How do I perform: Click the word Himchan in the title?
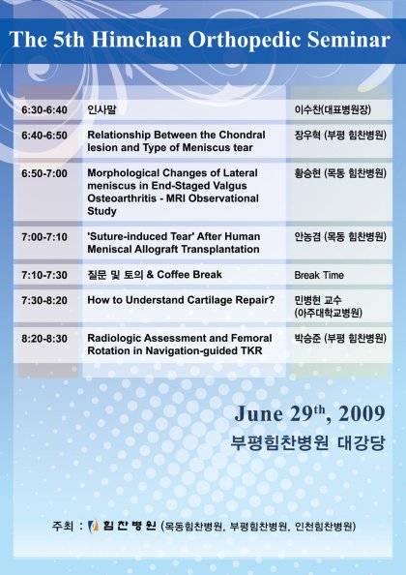point(136,40)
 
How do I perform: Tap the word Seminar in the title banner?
point(349,40)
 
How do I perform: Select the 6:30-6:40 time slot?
point(44,110)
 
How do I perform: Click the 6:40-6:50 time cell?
point(44,136)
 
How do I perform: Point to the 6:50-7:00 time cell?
point(44,173)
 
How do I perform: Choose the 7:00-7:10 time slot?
point(44,237)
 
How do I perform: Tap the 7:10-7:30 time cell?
point(44,275)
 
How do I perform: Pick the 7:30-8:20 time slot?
point(44,300)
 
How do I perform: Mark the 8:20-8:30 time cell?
point(44,339)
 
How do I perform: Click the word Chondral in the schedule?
point(242,135)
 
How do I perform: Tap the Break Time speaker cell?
point(319,275)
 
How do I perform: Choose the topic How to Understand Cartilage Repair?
point(181,300)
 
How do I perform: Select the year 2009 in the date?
point(362,414)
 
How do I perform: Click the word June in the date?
point(258,414)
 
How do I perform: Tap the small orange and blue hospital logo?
point(94,526)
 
